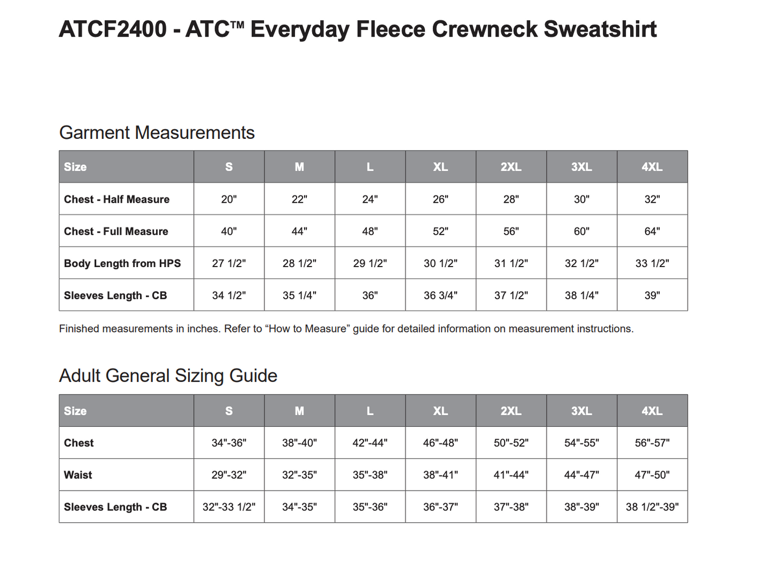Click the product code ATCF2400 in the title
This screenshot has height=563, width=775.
tap(113, 29)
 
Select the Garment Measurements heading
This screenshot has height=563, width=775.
tap(157, 132)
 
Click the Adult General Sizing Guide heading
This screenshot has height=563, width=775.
tap(168, 375)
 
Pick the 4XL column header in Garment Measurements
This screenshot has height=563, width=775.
tap(652, 167)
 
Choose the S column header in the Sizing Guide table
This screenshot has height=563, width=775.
tap(229, 411)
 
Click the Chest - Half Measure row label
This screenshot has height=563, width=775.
tap(116, 199)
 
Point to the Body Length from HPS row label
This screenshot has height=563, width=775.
tap(122, 263)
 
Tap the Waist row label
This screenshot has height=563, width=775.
tap(78, 475)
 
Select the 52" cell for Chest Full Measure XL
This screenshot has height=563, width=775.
tap(440, 232)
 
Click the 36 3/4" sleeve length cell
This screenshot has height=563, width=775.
tap(440, 295)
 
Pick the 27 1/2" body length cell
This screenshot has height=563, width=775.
tap(229, 263)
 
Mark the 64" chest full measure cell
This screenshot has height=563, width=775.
tap(652, 232)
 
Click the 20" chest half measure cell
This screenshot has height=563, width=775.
tap(229, 199)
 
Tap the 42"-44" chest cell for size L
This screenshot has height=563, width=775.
tap(370, 443)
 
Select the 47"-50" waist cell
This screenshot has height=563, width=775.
tap(652, 475)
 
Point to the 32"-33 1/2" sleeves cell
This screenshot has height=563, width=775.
tap(229, 507)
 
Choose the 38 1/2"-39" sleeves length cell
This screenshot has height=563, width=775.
tap(652, 507)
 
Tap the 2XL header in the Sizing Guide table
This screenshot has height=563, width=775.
tap(511, 411)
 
